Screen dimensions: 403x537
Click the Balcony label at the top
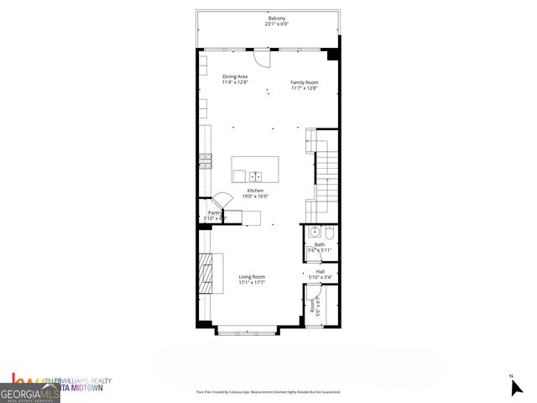pyautogui.click(x=277, y=18)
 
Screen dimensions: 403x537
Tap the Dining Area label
pyautogui.click(x=234, y=76)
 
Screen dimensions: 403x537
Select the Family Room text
pyautogui.click(x=304, y=81)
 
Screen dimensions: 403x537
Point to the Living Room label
pyautogui.click(x=252, y=276)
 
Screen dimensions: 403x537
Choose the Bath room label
pyautogui.click(x=319, y=244)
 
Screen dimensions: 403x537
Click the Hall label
pyautogui.click(x=320, y=271)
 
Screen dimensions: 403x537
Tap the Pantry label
pyautogui.click(x=214, y=212)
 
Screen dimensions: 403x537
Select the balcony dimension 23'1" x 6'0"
pyautogui.click(x=277, y=24)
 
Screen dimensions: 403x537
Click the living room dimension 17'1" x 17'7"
pyautogui.click(x=252, y=283)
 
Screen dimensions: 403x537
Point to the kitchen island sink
pyautogui.click(x=255, y=175)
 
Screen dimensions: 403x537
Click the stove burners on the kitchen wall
pyautogui.click(x=203, y=161)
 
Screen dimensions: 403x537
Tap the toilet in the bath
pyautogui.click(x=330, y=232)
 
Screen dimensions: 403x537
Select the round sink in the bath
pyautogui.click(x=314, y=232)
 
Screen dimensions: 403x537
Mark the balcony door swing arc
pyautogui.click(x=265, y=59)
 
